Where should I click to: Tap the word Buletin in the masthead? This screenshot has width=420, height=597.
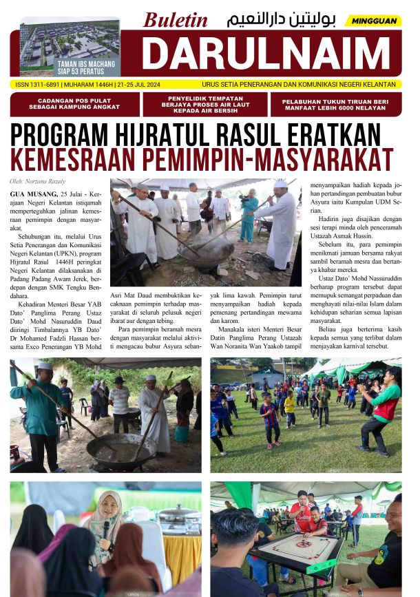coord(175,21)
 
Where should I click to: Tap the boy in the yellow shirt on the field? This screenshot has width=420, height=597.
coord(290,402)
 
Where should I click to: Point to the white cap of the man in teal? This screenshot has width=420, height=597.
coord(45,366)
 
